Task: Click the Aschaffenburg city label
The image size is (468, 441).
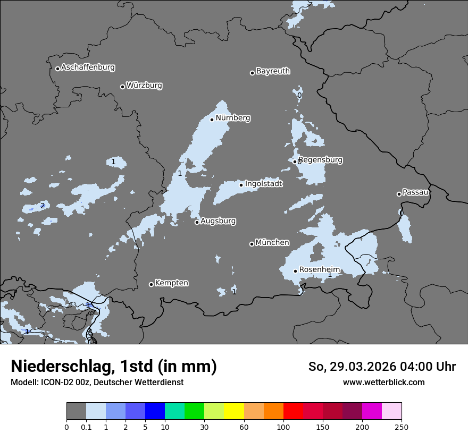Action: point(88,67)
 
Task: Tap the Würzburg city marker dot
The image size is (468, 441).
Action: point(122,87)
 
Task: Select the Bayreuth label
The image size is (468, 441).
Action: point(273,71)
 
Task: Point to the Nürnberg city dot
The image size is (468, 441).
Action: point(212,120)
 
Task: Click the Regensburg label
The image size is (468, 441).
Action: point(320,159)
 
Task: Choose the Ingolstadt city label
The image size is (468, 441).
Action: point(263,183)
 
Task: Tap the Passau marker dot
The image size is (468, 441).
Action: point(399,194)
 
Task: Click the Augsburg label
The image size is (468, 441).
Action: point(218,220)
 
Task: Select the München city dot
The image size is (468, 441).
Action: point(252,244)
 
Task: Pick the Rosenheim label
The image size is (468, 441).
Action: point(319,269)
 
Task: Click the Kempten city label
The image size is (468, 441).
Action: point(171,283)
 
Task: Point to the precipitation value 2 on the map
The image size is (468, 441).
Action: point(43,206)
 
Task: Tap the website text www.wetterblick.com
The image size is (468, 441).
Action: point(383,383)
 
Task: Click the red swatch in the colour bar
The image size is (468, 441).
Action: point(293,411)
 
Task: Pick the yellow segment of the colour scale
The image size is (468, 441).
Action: point(234,411)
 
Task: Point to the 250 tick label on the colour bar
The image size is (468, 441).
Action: point(402,427)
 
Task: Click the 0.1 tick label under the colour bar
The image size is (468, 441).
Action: point(86,427)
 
